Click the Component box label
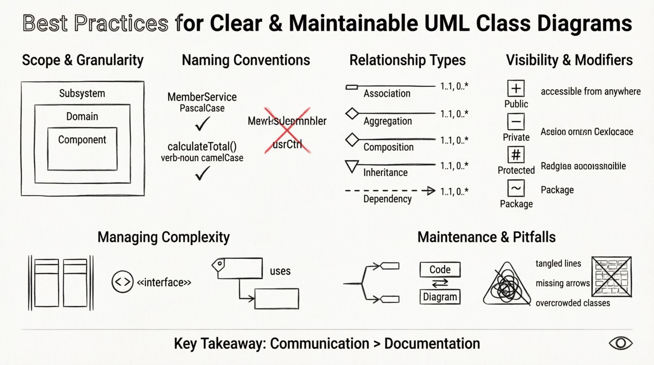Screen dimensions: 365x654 click(82, 140)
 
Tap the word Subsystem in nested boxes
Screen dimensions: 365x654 click(82, 94)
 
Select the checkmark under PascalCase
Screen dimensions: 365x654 click(202, 125)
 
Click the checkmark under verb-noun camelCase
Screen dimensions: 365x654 click(202, 173)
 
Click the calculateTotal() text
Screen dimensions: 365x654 click(202, 147)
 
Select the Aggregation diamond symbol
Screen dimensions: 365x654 click(352, 114)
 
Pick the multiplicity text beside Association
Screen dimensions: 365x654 click(454, 86)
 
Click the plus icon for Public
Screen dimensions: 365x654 click(516, 88)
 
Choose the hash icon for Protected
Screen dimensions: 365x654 click(516, 155)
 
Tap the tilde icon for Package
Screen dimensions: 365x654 click(516, 188)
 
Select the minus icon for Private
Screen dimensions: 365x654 click(516, 122)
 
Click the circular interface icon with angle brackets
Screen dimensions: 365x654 click(122, 282)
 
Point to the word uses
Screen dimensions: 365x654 click(280, 271)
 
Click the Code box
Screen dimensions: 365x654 click(440, 269)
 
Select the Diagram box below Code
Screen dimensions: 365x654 click(440, 297)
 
